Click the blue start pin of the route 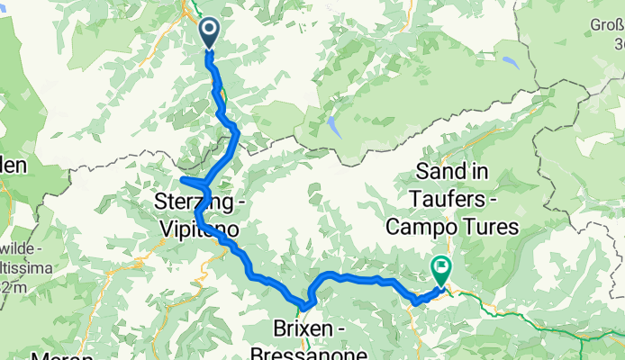point(208,33)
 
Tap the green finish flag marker point(441,267)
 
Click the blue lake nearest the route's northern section point(334,125)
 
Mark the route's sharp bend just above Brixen point(312,298)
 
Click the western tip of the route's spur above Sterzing point(183,179)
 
